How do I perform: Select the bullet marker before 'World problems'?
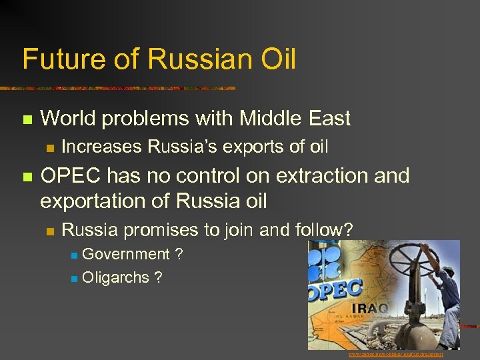[27, 120]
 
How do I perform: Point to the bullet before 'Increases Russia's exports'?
[49, 147]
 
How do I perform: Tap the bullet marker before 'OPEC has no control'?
[27, 177]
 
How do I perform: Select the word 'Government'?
[126, 254]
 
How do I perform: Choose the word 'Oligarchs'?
[116, 277]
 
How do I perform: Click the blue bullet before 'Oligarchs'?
[75, 278]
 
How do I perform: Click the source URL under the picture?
[396, 355]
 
